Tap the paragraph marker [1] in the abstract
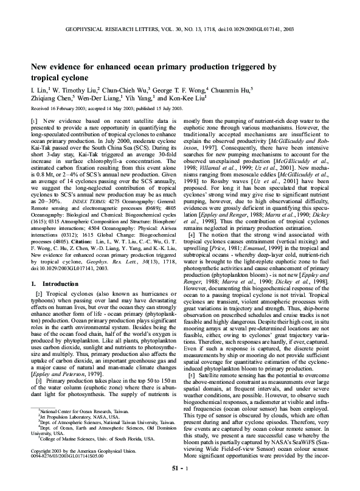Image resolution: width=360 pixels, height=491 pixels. click(x=36, y=121)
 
